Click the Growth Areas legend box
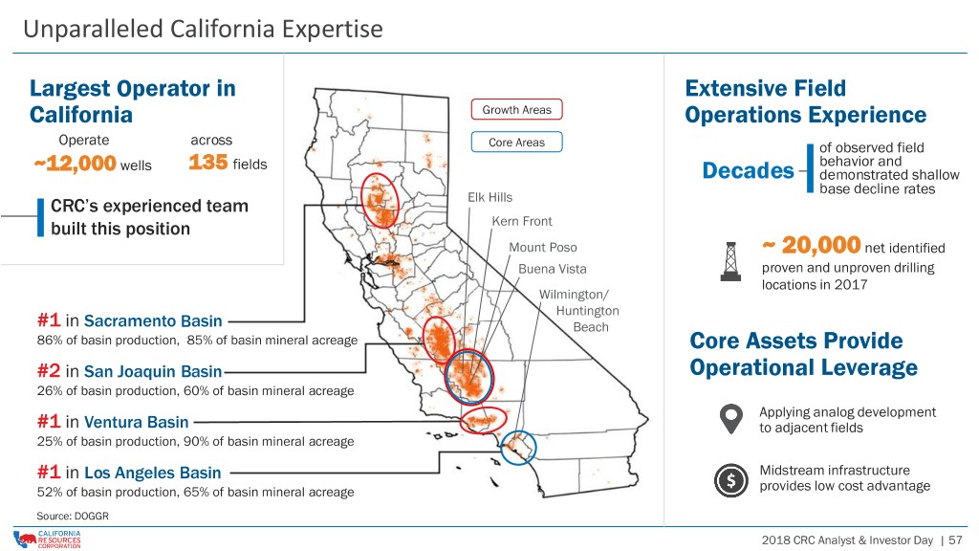pyautogui.click(x=516, y=109)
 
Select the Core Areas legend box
pyautogui.click(x=516, y=143)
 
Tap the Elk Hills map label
pyautogui.click(x=490, y=197)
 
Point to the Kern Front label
pyautogui.click(x=522, y=221)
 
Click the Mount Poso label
pyautogui.click(x=543, y=248)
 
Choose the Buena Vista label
pyautogui.click(x=553, y=269)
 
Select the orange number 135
pyautogui.click(x=207, y=163)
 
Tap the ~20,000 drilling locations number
pyautogui.click(x=812, y=245)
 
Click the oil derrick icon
pyautogui.click(x=730, y=261)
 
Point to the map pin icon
pyautogui.click(x=731, y=419)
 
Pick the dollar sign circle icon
pyautogui.click(x=731, y=480)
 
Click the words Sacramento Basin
pyautogui.click(x=153, y=321)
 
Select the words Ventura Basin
pyautogui.click(x=136, y=422)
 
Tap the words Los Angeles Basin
pyautogui.click(x=152, y=473)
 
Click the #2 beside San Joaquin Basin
pyautogui.click(x=49, y=371)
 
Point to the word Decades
pyautogui.click(x=748, y=170)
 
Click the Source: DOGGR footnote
pyautogui.click(x=73, y=516)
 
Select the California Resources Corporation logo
pyautogui.click(x=48, y=540)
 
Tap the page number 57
pyautogui.click(x=955, y=540)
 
